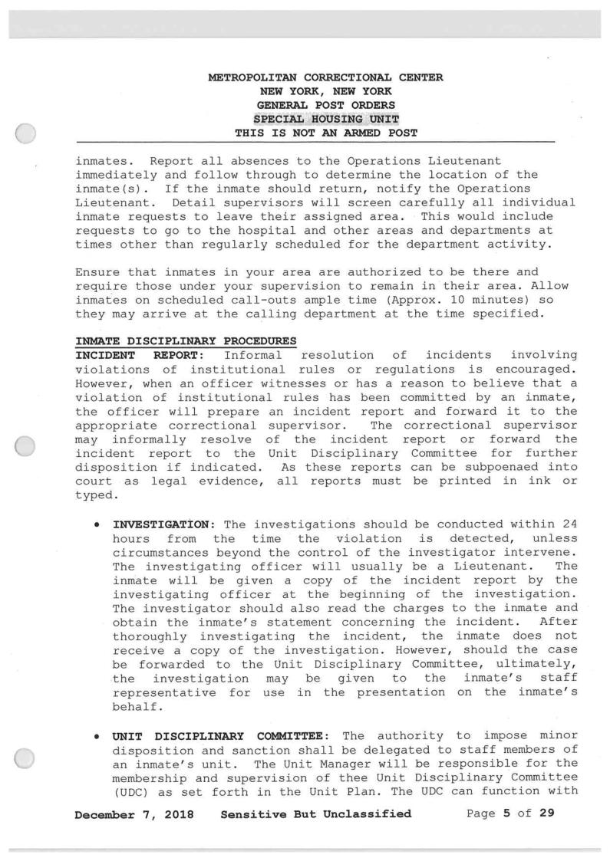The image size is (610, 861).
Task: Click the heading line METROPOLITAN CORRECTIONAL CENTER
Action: (x=325, y=77)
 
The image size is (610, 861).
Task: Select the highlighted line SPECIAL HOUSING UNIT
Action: (x=325, y=119)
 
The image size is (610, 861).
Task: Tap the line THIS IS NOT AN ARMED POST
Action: (x=325, y=133)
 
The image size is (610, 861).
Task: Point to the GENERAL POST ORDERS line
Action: (x=325, y=105)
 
